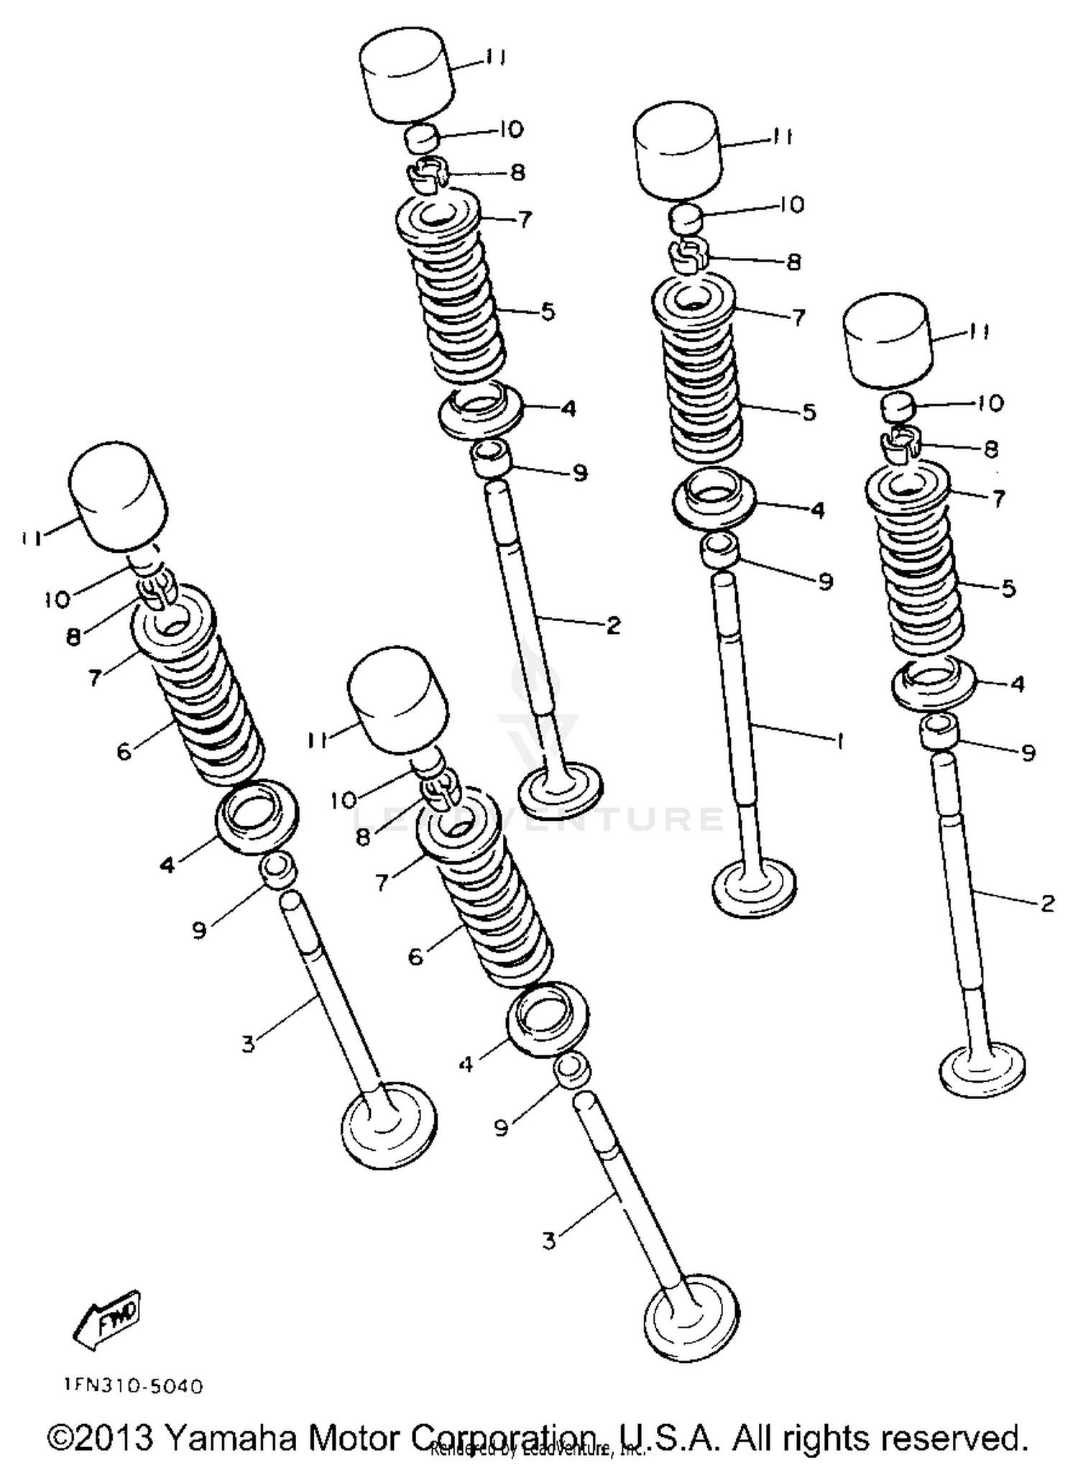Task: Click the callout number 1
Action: pos(839,740)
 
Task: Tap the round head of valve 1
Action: pos(754,888)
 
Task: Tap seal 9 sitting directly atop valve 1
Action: pos(720,550)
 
